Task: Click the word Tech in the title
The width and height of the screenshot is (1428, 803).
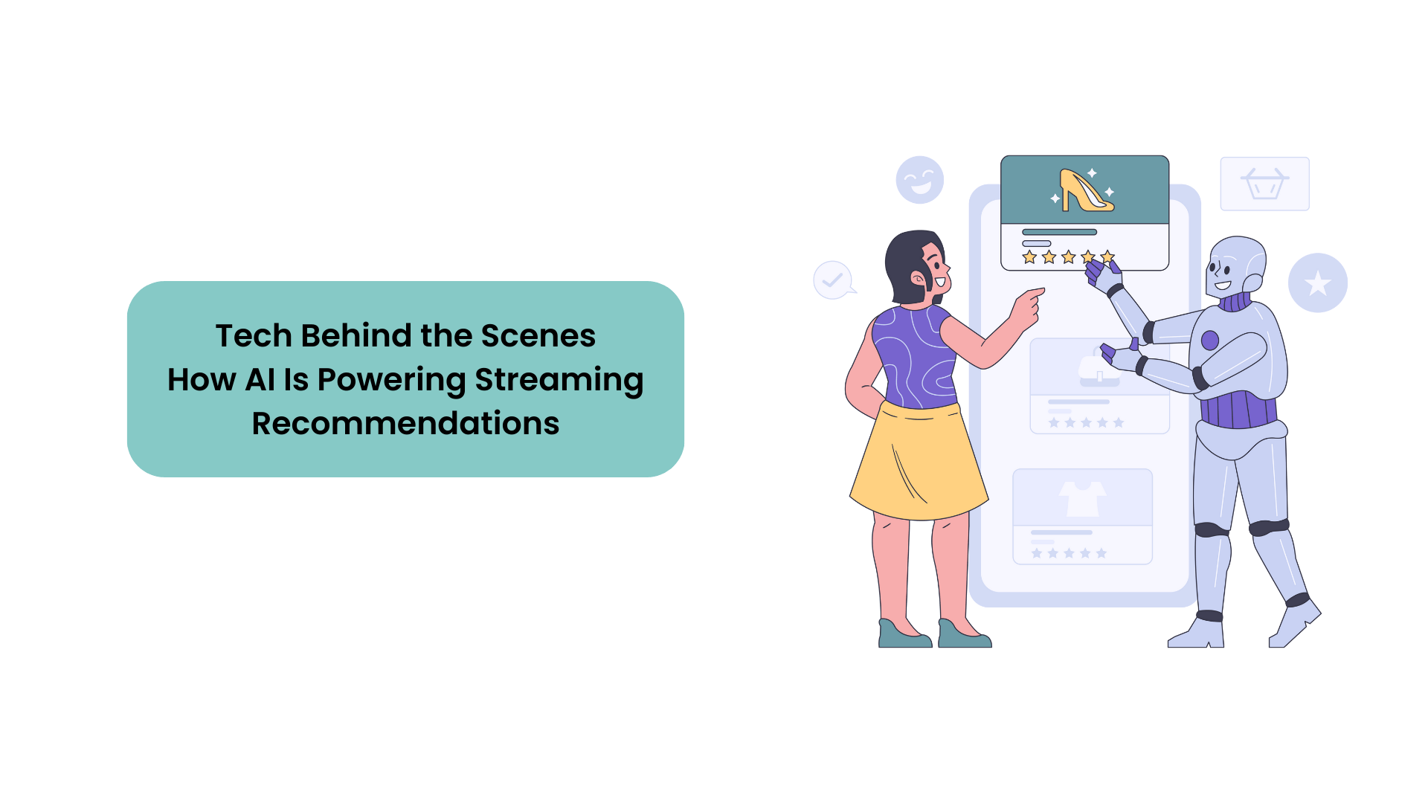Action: click(x=254, y=335)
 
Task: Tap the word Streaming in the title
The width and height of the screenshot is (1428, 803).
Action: click(x=559, y=381)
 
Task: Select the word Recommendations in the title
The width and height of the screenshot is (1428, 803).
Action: click(x=405, y=423)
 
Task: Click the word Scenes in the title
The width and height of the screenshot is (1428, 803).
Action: click(x=538, y=335)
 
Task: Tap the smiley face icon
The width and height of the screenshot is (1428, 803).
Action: click(x=920, y=180)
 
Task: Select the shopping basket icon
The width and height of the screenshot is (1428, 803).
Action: click(x=1264, y=183)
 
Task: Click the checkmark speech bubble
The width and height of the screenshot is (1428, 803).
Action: click(x=834, y=280)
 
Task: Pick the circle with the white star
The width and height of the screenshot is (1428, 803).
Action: click(x=1318, y=283)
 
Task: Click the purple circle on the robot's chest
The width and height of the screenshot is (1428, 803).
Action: click(x=1210, y=341)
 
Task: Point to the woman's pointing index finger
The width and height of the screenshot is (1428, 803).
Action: click(x=1035, y=293)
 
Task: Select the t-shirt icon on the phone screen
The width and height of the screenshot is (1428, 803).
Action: click(x=1083, y=498)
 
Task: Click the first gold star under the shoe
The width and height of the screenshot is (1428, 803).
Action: click(x=1029, y=257)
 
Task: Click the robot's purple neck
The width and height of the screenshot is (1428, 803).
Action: click(x=1235, y=302)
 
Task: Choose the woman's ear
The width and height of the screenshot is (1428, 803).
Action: click(x=919, y=279)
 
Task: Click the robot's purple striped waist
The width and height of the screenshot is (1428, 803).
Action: click(x=1238, y=409)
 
